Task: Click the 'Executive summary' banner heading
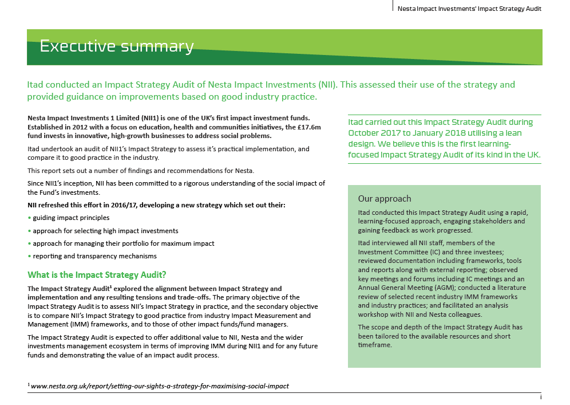pos(116,46)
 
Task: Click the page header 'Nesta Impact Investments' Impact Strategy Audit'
pos(469,9)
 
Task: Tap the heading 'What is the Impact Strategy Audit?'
pos(97,274)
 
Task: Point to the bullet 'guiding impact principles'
pos(71,218)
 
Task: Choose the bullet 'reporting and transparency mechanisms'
pos(94,256)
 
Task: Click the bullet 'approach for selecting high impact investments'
pos(105,230)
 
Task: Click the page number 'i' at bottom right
pos(540,397)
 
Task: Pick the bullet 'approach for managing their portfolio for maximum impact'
pos(123,243)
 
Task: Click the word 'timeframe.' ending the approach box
pos(375,345)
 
